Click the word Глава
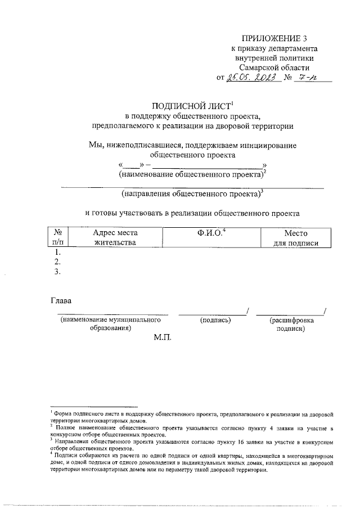pos(62,301)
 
